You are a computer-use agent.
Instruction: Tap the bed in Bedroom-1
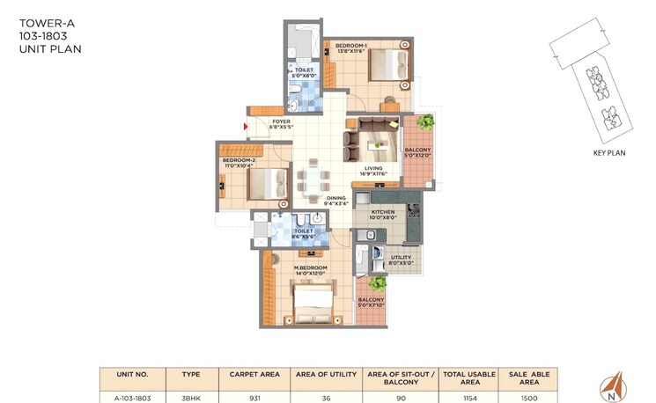click(387, 65)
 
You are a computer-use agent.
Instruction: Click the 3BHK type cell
click(190, 396)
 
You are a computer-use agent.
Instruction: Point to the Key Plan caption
click(608, 152)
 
